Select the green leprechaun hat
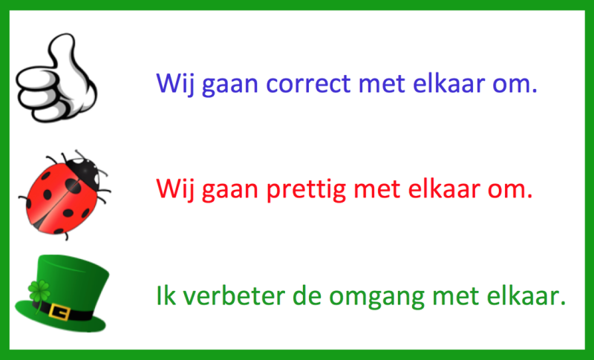tap(62, 293)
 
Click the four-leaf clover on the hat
tap(39, 292)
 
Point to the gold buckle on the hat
tap(59, 312)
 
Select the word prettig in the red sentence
tap(306, 190)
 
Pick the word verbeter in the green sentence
tap(234, 295)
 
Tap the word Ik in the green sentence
tap(166, 295)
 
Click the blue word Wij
tap(175, 84)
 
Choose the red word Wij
tap(175, 190)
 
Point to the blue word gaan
tap(230, 85)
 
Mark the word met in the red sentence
tap(377, 190)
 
